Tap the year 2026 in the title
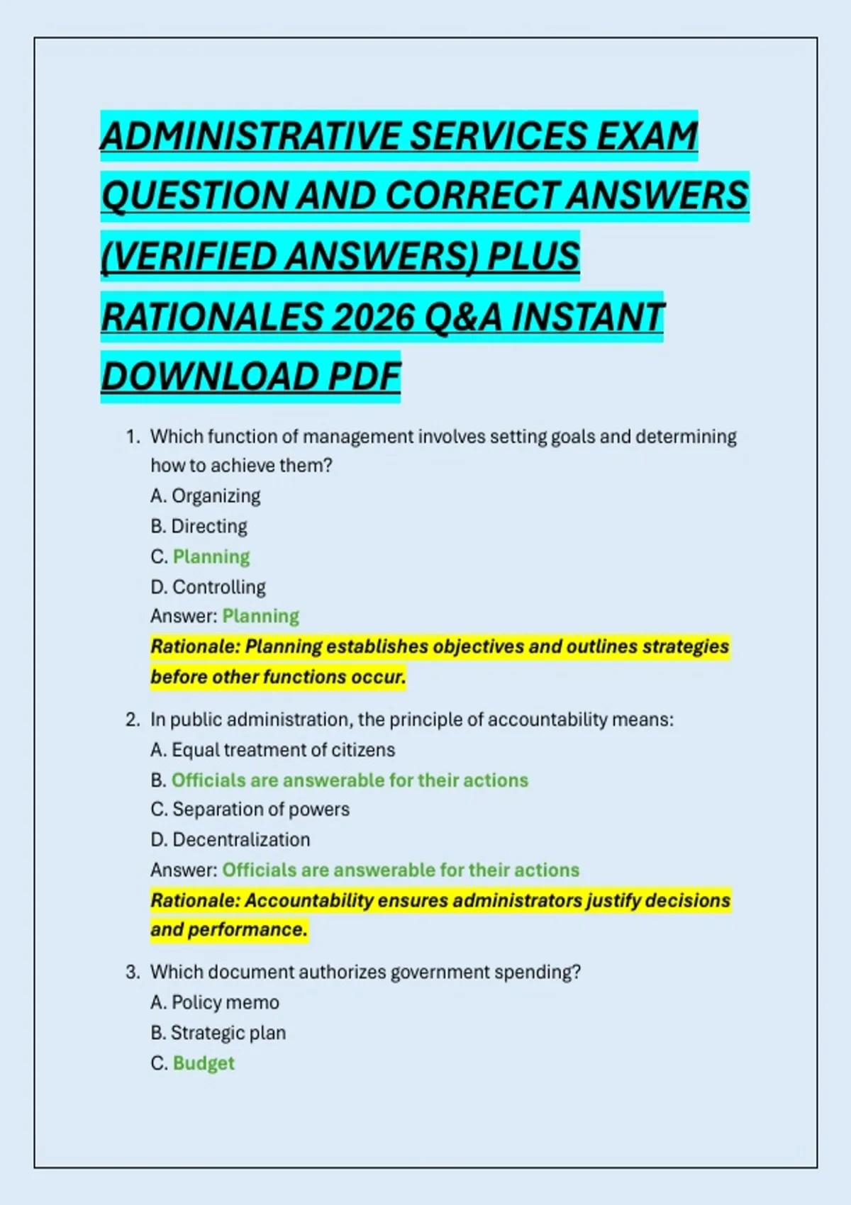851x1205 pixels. (373, 318)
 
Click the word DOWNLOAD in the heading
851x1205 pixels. (209, 377)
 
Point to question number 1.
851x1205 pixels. (133, 437)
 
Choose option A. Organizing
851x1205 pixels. (206, 496)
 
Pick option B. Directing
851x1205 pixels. (199, 527)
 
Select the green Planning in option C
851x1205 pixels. (211, 557)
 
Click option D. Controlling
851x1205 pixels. (208, 588)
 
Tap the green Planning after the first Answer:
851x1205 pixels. (261, 617)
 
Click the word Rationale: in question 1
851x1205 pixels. (195, 647)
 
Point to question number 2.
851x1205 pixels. (133, 720)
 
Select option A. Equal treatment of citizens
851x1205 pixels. (273, 750)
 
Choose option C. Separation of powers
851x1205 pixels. (250, 809)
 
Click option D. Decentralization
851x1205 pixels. (230, 840)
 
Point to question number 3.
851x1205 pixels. (133, 973)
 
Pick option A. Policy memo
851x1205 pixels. (215, 1003)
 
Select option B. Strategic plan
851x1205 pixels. (218, 1033)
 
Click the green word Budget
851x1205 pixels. (204, 1064)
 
